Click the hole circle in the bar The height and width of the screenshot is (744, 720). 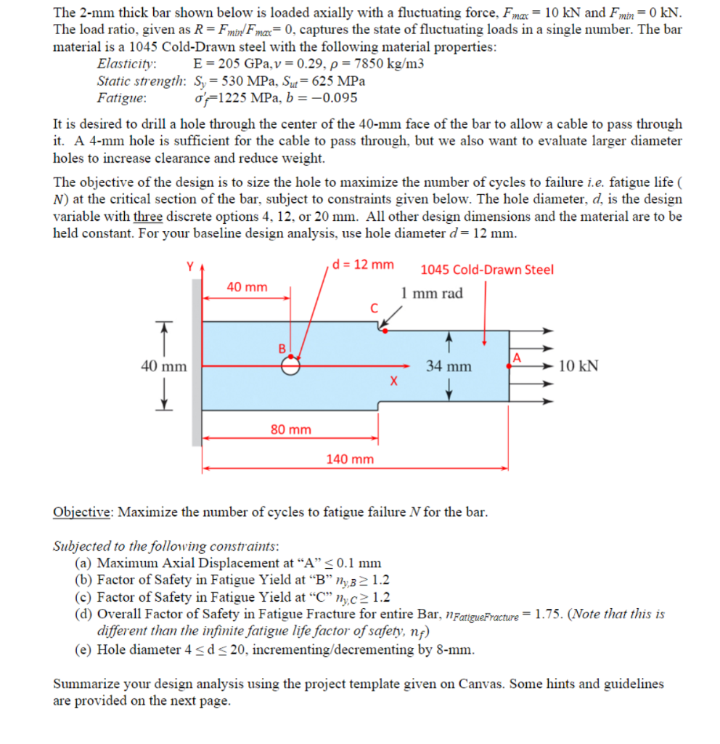point(290,366)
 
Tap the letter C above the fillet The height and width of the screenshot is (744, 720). point(374,307)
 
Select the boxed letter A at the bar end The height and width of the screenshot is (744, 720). point(517,357)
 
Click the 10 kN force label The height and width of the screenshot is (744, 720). point(578,366)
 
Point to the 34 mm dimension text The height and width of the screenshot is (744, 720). point(448,366)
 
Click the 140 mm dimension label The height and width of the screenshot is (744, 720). point(351,458)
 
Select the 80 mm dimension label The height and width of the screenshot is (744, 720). point(290,429)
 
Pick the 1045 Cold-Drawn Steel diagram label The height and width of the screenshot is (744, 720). point(487,270)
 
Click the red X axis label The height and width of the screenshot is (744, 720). point(393,380)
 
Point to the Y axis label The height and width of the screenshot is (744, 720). point(192,267)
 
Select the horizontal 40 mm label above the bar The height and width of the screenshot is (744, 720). point(246,287)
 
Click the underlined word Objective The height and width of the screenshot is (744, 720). point(82,511)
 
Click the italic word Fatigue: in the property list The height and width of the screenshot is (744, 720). point(121,97)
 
